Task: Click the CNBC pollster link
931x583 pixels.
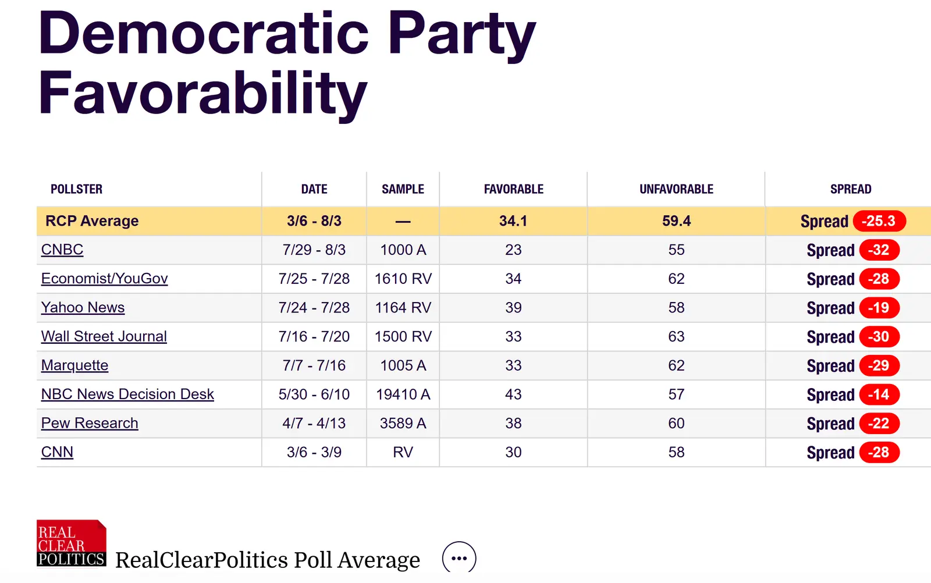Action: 62,250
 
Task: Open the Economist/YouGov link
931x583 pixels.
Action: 104,279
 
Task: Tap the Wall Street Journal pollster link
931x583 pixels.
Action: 104,336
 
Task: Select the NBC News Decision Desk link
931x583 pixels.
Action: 127,394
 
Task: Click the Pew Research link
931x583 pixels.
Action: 90,423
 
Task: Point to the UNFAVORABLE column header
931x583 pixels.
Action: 676,189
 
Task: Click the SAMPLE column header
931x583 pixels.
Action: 403,189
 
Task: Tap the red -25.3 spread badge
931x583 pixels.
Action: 879,221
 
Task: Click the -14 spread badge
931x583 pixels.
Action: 879,394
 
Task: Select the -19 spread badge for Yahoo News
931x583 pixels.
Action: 879,308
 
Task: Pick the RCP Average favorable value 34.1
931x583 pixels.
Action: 513,221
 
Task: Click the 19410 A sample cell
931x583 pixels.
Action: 403,394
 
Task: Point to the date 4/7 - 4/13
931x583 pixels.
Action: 314,423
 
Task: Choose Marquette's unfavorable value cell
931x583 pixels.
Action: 676,365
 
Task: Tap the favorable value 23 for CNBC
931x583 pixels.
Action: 513,250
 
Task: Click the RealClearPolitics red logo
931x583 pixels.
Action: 71,543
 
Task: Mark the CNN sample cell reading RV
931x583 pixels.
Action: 403,452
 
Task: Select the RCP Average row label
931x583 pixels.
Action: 92,221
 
